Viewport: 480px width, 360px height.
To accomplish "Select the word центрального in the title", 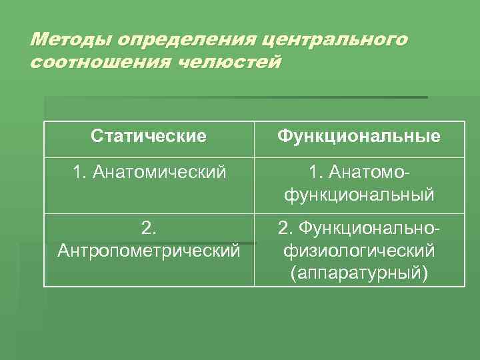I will [335, 39].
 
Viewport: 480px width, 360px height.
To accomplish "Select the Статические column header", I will [149, 137].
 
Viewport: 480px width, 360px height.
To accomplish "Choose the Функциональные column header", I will [359, 137].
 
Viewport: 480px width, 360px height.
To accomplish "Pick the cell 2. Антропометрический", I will [149, 239].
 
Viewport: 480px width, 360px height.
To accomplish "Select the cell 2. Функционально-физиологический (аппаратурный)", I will [359, 251].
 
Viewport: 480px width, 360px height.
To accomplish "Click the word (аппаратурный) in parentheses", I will [359, 273].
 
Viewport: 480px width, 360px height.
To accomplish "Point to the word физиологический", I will [359, 251].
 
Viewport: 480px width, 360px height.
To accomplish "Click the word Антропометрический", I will [149, 251].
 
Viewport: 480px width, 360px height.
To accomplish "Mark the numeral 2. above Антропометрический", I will [149, 229].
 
